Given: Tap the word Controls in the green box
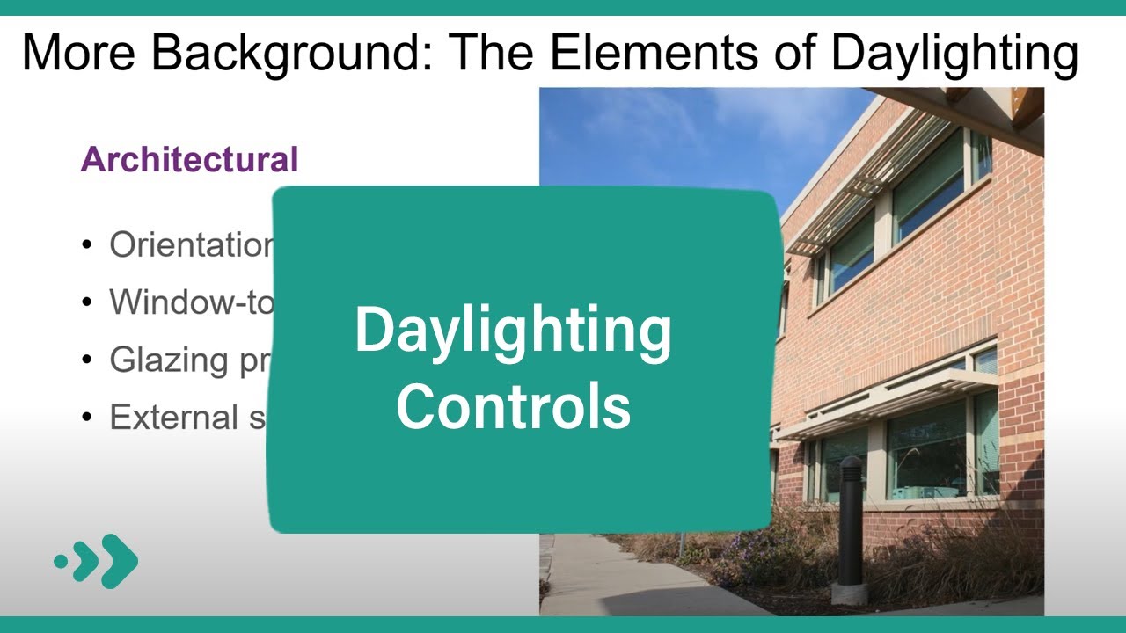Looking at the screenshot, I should click(513, 405).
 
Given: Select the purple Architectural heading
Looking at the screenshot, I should click(189, 160).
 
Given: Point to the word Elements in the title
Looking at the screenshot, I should click(663, 53).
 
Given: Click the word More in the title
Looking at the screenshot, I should click(77, 53).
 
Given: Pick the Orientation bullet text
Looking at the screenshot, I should click(190, 245).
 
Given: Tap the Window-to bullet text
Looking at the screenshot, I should click(190, 302).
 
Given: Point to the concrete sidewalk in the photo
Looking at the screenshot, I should click(616, 580).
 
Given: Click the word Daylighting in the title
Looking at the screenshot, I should click(954, 53).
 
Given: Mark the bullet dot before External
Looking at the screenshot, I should click(86, 418).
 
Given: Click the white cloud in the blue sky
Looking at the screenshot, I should click(633, 123).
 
